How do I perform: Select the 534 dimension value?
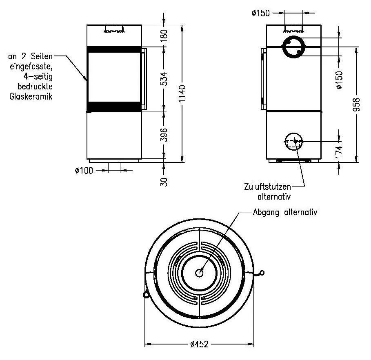(x=164, y=78)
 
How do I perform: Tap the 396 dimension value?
(x=164, y=135)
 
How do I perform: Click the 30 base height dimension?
(x=164, y=181)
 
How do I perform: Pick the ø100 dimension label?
(x=84, y=171)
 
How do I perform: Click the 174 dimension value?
(x=339, y=151)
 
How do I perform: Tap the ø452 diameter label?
(x=199, y=344)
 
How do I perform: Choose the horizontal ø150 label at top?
(x=261, y=13)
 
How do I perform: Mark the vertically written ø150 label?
(x=339, y=80)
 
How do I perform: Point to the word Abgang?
(x=265, y=213)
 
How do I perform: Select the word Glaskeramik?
(x=31, y=97)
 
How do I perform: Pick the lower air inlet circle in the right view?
(x=293, y=142)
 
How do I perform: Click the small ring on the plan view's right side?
(x=262, y=273)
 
